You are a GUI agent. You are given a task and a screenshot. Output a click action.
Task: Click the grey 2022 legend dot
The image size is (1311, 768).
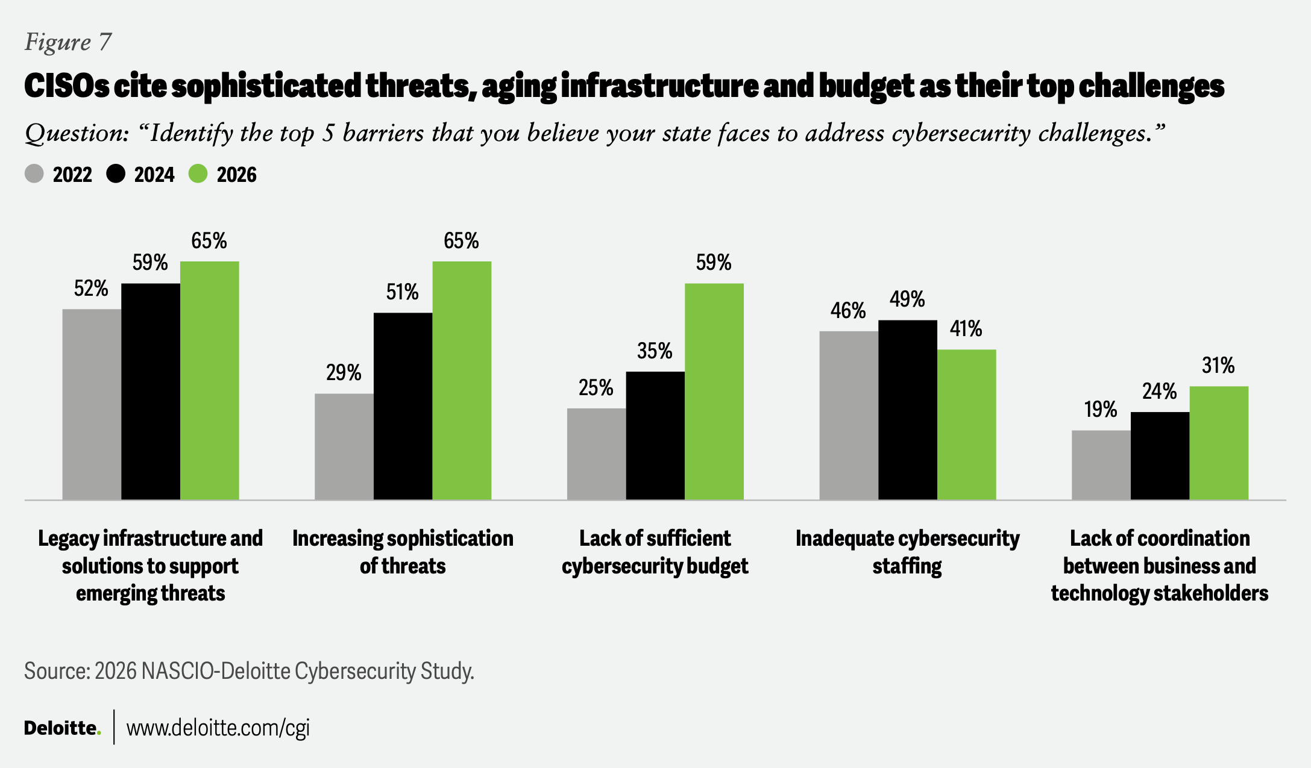[x=34, y=174]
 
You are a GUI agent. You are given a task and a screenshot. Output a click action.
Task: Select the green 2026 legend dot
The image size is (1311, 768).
[x=198, y=174]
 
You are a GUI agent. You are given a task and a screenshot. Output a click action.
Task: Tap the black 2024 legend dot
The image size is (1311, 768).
[x=116, y=174]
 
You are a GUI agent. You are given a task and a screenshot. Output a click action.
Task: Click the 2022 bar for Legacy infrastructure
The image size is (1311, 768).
[x=92, y=404]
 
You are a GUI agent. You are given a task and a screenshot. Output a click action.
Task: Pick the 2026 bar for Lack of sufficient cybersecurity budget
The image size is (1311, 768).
[x=714, y=392]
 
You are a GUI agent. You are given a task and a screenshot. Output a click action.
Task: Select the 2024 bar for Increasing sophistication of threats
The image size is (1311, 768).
[x=403, y=406]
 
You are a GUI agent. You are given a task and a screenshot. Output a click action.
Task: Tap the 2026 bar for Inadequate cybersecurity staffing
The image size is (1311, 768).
[x=966, y=425]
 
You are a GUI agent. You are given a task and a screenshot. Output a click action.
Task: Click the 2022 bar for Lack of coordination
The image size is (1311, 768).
[x=1101, y=465]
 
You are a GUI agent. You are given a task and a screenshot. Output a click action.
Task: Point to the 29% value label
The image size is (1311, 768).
[x=344, y=373]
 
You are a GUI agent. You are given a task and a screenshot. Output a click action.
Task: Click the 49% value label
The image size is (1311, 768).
[x=907, y=299]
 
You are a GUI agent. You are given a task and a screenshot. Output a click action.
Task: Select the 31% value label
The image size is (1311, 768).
[x=1218, y=366]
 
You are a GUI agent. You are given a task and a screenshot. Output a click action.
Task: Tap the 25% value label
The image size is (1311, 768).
[x=596, y=388]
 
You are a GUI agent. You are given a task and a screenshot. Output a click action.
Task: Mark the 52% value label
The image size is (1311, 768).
[x=91, y=289]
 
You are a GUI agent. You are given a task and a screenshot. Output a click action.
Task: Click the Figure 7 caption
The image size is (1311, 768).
[x=68, y=42]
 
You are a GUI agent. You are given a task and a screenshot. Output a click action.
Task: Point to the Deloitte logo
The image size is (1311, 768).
[x=62, y=728]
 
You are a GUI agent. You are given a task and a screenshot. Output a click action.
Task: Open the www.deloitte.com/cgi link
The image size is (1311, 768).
[x=218, y=728]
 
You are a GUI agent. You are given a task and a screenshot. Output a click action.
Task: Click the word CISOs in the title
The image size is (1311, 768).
[x=66, y=86]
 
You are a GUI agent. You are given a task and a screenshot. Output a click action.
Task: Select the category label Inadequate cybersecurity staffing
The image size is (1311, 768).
[x=907, y=552]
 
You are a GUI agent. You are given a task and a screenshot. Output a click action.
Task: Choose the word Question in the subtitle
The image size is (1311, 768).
[x=76, y=133]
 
